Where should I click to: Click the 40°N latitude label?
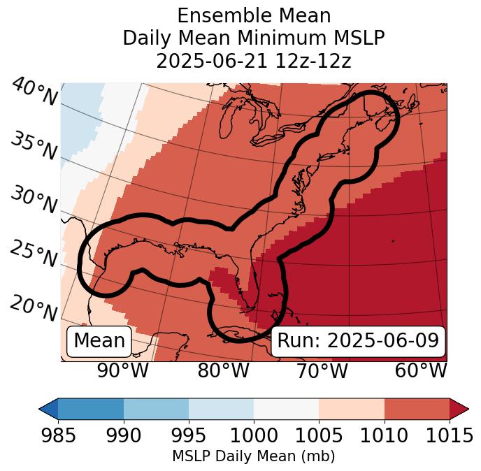tap(34, 92)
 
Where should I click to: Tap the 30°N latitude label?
tap(34, 200)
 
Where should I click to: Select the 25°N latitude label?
tap(34, 254)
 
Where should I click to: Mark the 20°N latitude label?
tap(34, 307)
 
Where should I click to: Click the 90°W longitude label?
tap(122, 370)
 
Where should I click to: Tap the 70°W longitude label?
tap(322, 370)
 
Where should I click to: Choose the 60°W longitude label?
tap(421, 370)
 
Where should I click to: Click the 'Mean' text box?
tap(99, 341)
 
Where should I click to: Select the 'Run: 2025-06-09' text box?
tap(358, 341)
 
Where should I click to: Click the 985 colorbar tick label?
tap(58, 435)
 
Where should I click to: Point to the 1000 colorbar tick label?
tap(254, 435)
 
